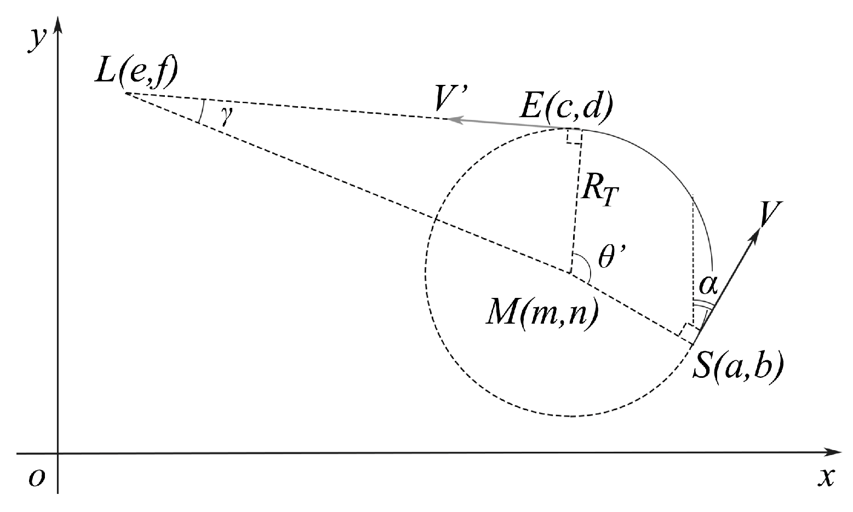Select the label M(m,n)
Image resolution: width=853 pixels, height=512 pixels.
point(541,315)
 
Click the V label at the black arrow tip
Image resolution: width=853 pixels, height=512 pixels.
point(770,215)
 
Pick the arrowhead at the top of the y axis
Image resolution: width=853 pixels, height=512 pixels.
point(58,25)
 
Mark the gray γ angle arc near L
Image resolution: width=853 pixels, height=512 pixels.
point(201,111)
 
